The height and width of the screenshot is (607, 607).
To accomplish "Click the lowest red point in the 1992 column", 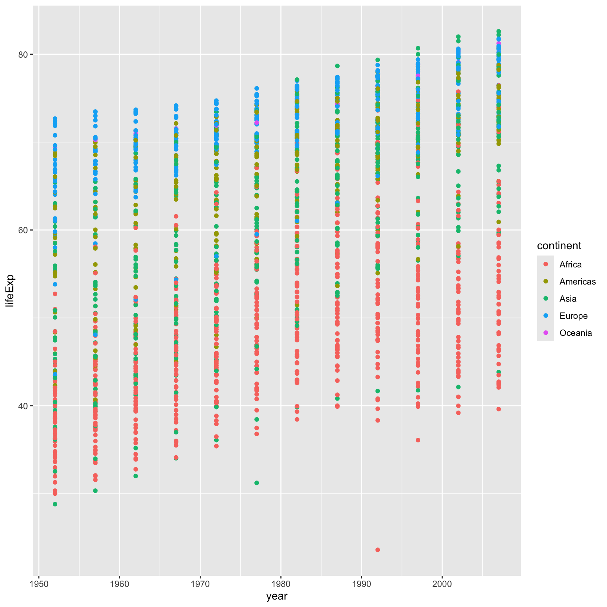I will point(378,550).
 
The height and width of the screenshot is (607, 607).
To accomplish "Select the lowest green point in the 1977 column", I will point(257,483).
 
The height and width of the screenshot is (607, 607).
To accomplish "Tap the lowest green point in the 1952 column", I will point(55,504).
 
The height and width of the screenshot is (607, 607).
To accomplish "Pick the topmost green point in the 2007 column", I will point(499,32).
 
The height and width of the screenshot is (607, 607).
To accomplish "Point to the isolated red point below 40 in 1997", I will point(418,440).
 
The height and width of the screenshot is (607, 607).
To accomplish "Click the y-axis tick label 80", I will point(23,54).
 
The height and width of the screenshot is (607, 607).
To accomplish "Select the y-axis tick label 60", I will point(23,230).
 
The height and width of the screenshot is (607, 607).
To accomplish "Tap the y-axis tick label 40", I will point(23,406).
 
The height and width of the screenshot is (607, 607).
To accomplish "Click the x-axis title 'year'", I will point(277,596).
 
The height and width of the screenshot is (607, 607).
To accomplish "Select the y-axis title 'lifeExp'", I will point(10,290).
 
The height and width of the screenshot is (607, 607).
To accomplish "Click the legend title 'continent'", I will point(559,246).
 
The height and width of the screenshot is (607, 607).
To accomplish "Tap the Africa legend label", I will point(570,264).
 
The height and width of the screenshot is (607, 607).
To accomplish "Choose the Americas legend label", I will point(577,282).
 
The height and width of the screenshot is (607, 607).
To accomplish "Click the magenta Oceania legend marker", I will point(546,333).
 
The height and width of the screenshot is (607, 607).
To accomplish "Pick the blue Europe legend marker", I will point(546,316).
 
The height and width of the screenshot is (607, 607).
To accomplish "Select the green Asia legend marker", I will point(546,299).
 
